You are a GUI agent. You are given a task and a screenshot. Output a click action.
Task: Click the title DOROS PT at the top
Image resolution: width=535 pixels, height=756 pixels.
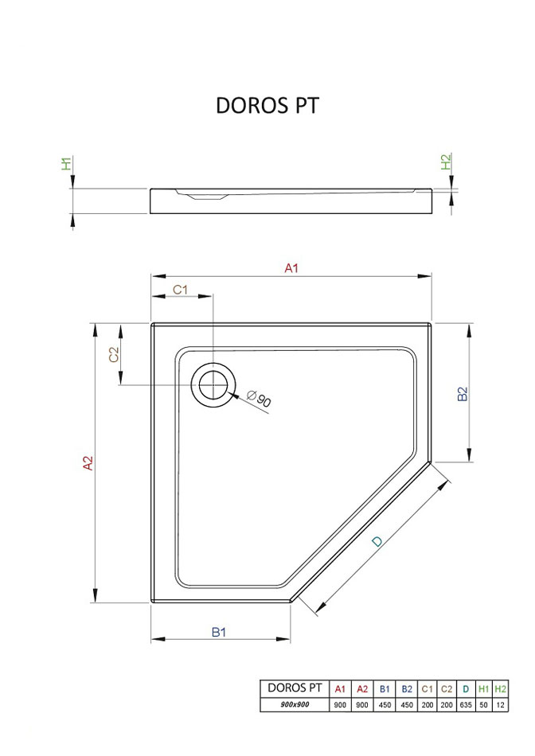click(267, 106)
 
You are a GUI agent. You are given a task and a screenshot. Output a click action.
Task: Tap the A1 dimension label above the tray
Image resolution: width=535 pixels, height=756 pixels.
click(291, 268)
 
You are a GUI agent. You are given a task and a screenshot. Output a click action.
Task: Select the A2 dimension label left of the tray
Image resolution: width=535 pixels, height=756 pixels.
click(88, 463)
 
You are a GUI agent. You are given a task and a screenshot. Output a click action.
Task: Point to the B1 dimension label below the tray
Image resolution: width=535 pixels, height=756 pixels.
click(219, 632)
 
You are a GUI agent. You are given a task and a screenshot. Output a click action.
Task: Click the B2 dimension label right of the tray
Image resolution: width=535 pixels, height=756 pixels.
click(463, 394)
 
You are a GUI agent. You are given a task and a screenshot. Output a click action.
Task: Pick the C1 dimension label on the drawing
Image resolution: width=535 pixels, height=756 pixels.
click(180, 290)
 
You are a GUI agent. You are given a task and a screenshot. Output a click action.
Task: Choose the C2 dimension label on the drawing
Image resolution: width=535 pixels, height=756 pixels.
click(114, 354)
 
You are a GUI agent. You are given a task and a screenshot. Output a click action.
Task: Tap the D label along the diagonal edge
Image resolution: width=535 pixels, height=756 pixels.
click(377, 541)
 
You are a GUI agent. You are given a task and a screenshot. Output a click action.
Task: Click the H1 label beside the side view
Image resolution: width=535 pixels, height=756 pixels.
click(66, 163)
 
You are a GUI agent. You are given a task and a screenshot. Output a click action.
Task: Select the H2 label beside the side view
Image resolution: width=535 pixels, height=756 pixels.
click(447, 162)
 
